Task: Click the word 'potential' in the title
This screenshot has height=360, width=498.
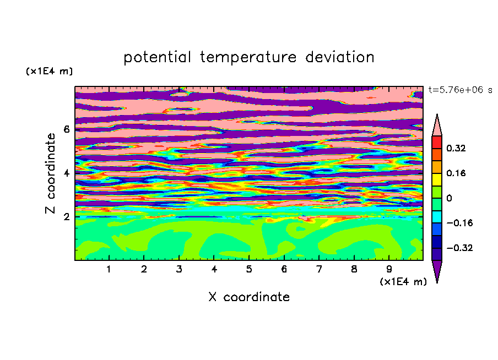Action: pyautogui.click(x=157, y=58)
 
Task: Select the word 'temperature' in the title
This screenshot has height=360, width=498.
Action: pyautogui.click(x=248, y=58)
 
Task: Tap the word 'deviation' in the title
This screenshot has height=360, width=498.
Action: pyautogui.click(x=339, y=57)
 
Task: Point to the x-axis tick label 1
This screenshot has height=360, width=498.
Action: pyautogui.click(x=109, y=269)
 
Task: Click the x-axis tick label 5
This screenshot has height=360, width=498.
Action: pyautogui.click(x=249, y=269)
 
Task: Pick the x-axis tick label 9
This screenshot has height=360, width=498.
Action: pyautogui.click(x=389, y=269)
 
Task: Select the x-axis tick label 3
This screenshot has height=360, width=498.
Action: pyautogui.click(x=179, y=269)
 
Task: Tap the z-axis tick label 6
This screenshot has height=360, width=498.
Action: pyautogui.click(x=66, y=129)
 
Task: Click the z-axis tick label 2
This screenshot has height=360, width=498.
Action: pyautogui.click(x=66, y=217)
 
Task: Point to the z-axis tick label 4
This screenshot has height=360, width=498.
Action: pyautogui.click(x=66, y=173)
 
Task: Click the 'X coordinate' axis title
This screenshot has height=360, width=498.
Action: pyautogui.click(x=249, y=297)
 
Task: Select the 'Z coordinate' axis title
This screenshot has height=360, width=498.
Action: pyautogui.click(x=51, y=173)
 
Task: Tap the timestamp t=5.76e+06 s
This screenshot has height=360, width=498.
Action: pyautogui.click(x=460, y=90)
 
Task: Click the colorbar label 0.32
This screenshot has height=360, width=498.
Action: pyautogui.click(x=456, y=148)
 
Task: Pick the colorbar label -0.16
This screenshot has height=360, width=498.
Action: pyautogui.click(x=459, y=223)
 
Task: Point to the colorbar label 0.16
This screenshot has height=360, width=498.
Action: pyautogui.click(x=456, y=173)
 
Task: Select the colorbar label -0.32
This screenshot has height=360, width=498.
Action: pyautogui.click(x=459, y=248)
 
